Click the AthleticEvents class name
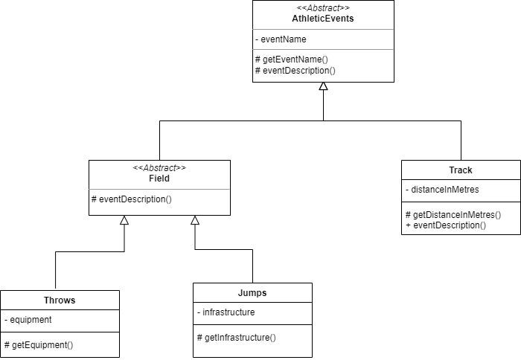[x=323, y=19]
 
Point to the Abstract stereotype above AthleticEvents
[x=323, y=8]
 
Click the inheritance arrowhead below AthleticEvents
[x=323, y=87]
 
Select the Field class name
[x=159, y=179]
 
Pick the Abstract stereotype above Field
[x=159, y=168]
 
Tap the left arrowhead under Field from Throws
[x=124, y=220]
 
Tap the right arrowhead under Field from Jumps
[x=195, y=220]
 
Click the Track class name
[x=461, y=170]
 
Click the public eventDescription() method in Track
[x=449, y=225]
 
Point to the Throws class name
[x=60, y=300]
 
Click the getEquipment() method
[x=42, y=345]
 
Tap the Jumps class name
[x=252, y=293]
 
